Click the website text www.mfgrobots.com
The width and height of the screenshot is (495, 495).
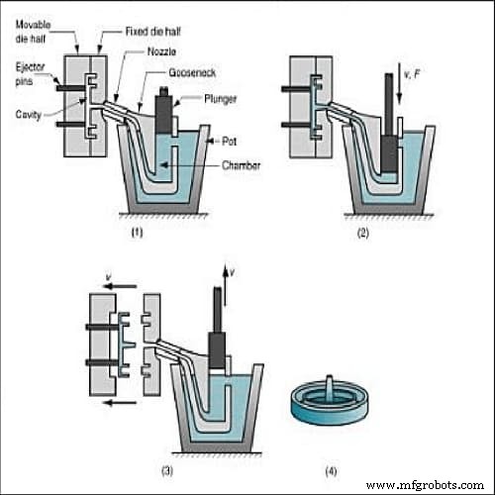click(427, 485)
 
